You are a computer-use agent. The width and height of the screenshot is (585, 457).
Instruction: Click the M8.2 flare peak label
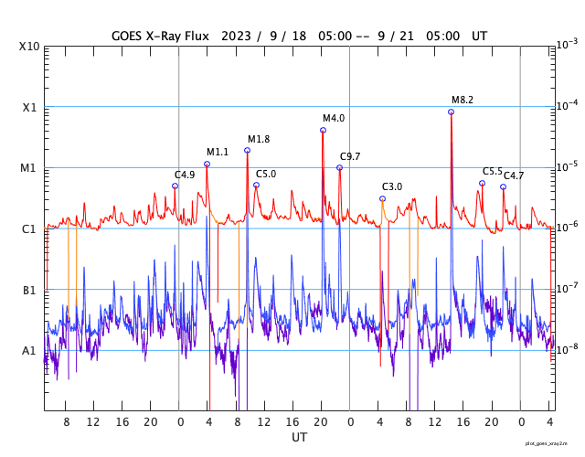[463, 100]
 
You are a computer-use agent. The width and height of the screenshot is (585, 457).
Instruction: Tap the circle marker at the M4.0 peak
[323, 130]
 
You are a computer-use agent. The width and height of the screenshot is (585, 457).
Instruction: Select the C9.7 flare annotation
[350, 156]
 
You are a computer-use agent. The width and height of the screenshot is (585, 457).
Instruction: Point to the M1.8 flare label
[259, 139]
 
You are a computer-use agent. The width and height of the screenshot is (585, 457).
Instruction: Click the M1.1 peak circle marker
[207, 164]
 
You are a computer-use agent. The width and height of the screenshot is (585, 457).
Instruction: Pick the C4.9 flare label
[185, 175]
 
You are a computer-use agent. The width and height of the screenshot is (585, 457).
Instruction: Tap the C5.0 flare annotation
[266, 174]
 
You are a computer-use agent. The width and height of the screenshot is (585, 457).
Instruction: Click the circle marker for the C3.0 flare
[382, 198]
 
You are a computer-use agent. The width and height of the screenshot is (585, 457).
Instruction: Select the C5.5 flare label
[493, 171]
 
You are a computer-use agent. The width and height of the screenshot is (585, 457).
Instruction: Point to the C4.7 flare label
[514, 175]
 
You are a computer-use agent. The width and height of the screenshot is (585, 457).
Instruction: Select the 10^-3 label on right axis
[567, 44]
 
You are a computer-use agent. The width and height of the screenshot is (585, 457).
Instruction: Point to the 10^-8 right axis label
[567, 348]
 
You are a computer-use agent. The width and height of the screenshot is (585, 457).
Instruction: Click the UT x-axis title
[299, 438]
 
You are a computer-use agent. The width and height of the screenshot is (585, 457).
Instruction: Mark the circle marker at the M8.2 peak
[451, 112]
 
